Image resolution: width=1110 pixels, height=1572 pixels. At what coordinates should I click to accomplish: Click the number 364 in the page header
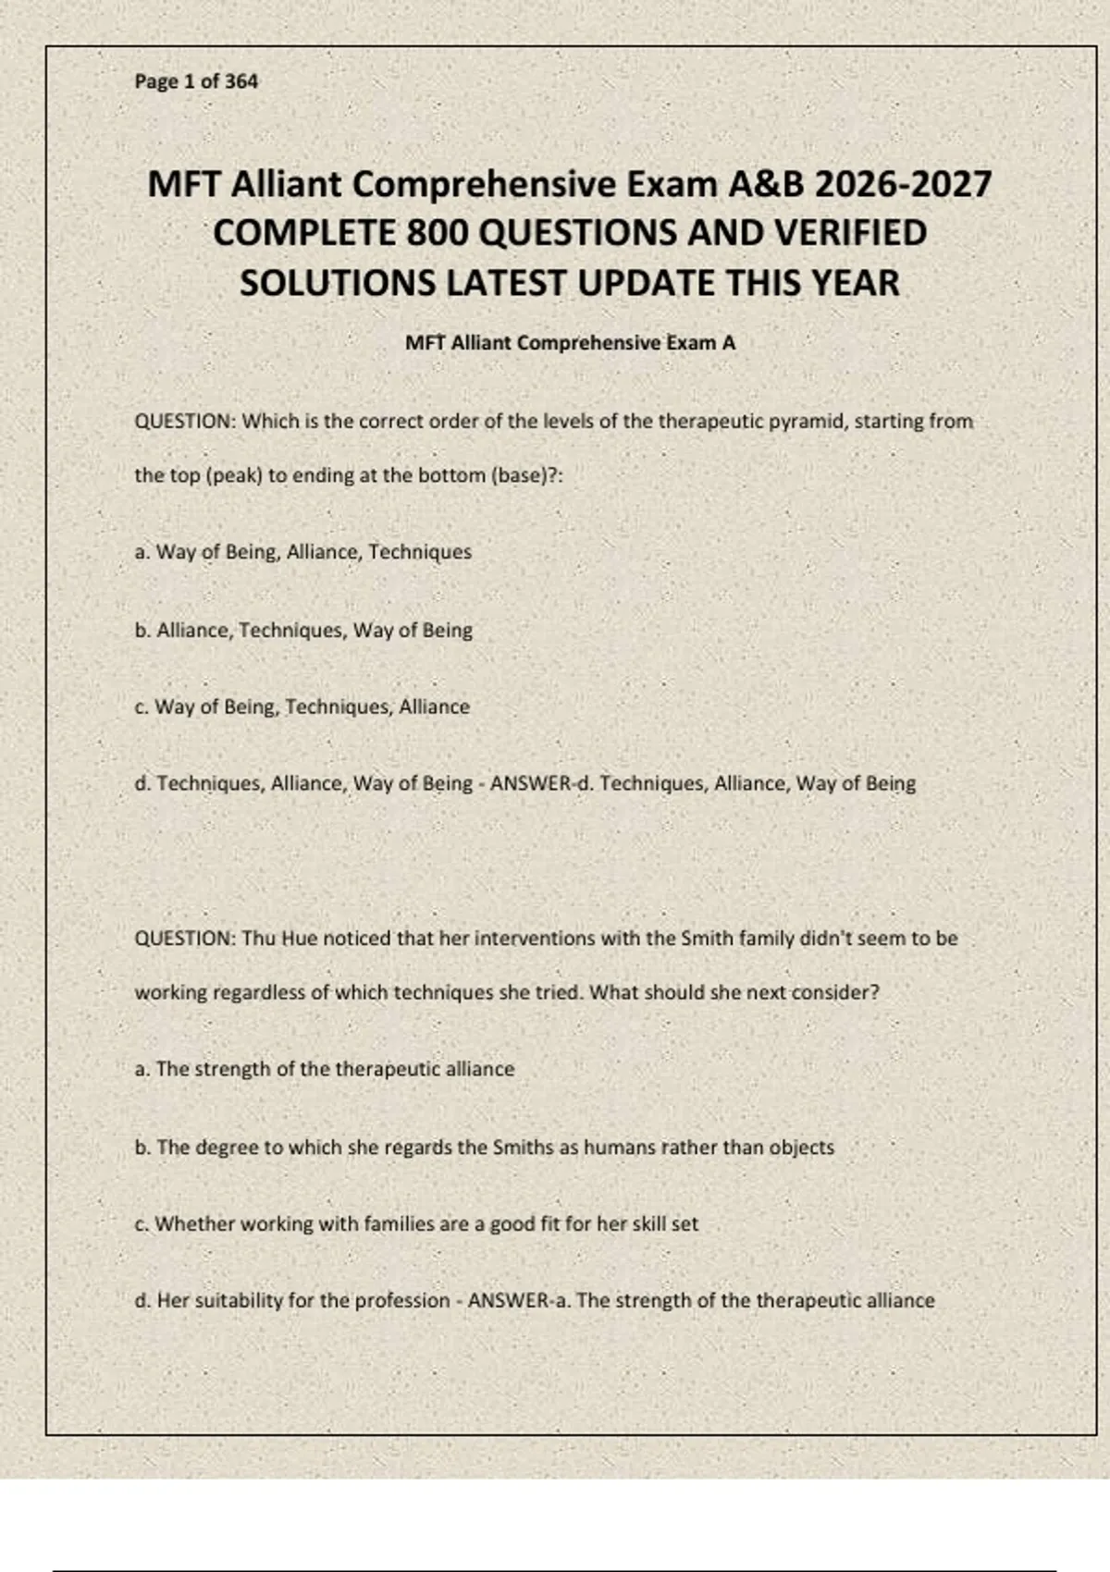[x=241, y=81]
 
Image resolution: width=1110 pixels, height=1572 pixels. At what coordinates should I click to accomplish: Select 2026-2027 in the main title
[x=903, y=184]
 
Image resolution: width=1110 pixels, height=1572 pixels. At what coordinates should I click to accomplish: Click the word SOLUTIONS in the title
[x=339, y=283]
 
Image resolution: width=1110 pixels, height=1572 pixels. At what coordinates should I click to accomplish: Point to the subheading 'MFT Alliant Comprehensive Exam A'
[x=570, y=343]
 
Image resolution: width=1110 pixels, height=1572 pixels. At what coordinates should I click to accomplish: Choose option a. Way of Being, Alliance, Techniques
[x=303, y=552]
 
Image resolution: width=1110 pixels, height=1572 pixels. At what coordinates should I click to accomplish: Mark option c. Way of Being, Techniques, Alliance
[x=302, y=707]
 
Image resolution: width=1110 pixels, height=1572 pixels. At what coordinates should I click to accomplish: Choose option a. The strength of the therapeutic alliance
[x=325, y=1070]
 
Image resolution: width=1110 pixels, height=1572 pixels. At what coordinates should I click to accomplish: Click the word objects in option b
[x=801, y=1148]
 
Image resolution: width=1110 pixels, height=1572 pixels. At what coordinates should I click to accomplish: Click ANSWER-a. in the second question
[x=519, y=1301]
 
